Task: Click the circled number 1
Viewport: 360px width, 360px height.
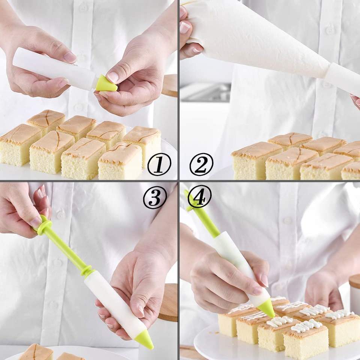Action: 159,164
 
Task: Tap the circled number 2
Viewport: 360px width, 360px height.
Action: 201,164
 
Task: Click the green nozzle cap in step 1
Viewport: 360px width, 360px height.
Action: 106,83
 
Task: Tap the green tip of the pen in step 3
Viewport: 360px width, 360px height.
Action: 145,341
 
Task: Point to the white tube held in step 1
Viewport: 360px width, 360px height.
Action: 54,69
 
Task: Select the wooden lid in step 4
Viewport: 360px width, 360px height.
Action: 354,282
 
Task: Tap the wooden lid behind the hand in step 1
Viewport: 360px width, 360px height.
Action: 169,85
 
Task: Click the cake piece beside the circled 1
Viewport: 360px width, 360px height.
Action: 121,161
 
